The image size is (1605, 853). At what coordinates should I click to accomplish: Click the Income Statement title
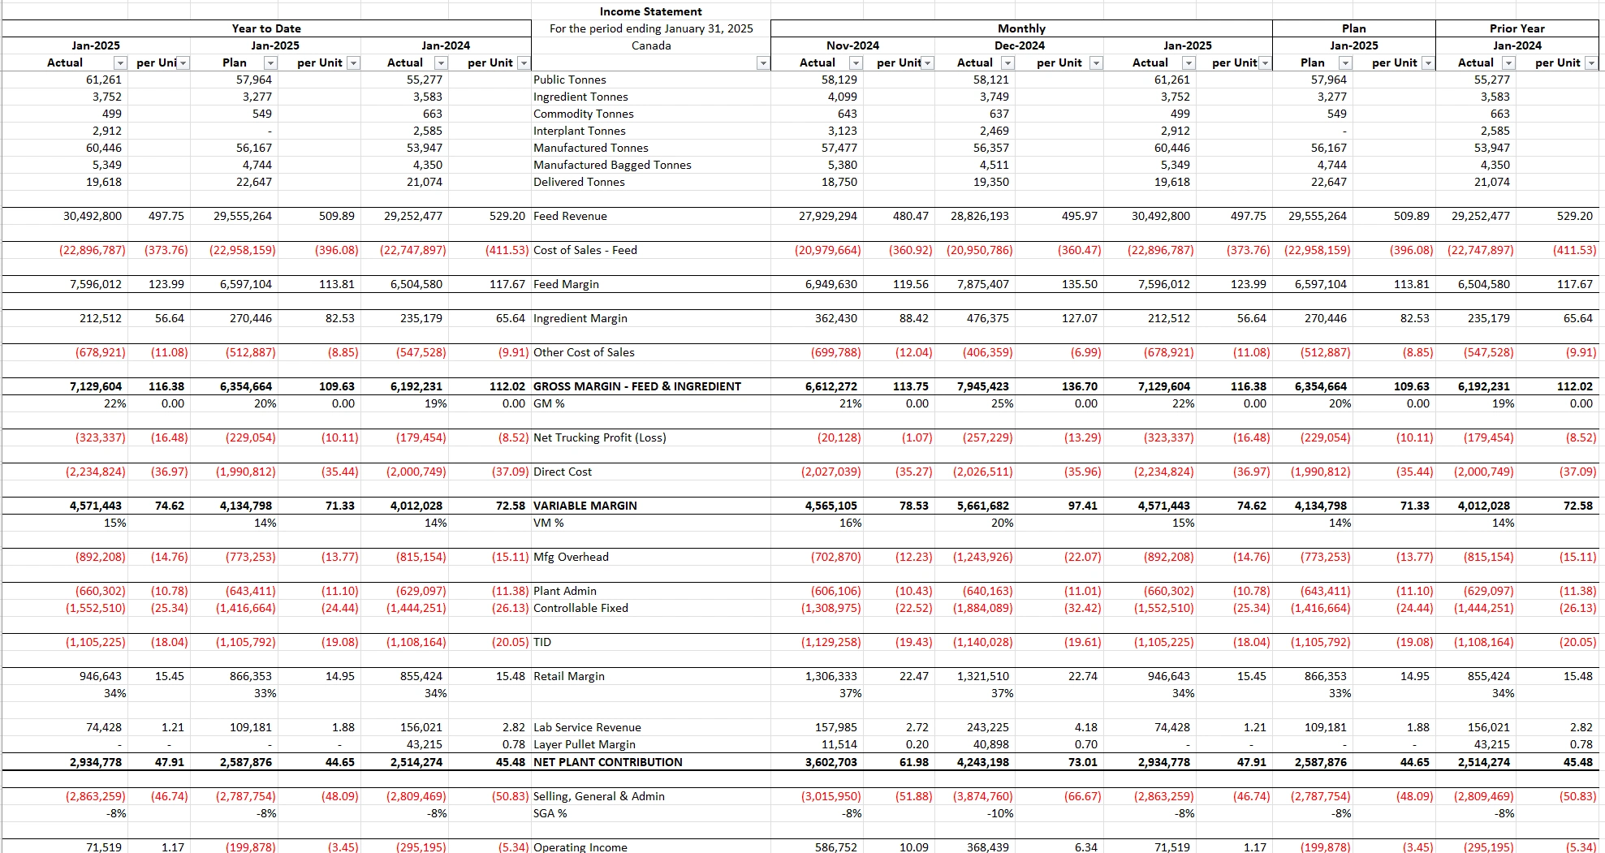point(650,11)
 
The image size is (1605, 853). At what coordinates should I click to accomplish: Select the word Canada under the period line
point(651,45)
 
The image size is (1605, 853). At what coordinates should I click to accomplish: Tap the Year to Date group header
point(266,28)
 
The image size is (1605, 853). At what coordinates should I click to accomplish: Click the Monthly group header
point(1021,28)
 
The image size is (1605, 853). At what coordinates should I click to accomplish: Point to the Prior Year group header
point(1517,28)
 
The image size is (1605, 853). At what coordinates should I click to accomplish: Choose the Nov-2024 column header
point(852,45)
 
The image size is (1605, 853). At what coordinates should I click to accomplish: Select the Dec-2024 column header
point(1020,45)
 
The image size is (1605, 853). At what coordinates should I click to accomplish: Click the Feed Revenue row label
point(570,216)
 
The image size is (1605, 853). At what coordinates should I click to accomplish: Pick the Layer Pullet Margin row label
point(584,744)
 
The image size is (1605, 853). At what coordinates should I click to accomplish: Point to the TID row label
point(542,642)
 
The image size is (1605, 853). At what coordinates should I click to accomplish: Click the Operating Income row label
point(580,847)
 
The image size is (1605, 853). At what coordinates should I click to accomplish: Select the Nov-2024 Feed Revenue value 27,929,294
point(828,216)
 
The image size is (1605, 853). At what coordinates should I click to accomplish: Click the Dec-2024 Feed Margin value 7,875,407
point(982,284)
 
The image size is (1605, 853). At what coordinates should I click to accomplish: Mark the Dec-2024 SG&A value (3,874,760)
point(982,796)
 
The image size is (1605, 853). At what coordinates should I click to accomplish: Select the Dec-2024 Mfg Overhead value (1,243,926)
point(982,557)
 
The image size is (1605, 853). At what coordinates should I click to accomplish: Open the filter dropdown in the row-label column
point(762,63)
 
